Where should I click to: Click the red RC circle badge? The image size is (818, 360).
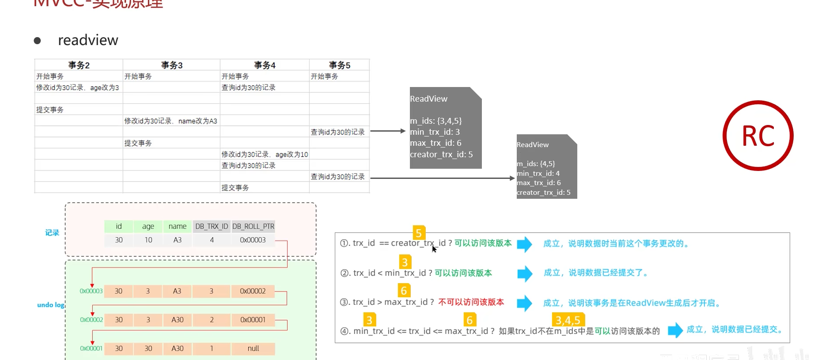(757, 136)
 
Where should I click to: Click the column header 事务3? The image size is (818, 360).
(172, 65)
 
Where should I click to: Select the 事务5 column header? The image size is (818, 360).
(339, 65)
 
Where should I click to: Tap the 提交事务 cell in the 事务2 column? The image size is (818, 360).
(50, 110)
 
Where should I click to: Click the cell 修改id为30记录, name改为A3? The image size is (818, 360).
(170, 121)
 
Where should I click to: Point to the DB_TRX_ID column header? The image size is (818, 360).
(212, 226)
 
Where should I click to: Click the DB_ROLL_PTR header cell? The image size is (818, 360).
(253, 226)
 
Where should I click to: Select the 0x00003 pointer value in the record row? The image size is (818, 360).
(253, 240)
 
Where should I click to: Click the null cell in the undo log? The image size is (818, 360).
(253, 349)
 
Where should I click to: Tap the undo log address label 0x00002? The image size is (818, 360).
(91, 320)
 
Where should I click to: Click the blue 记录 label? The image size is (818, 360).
(52, 233)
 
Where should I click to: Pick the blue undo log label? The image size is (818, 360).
(51, 305)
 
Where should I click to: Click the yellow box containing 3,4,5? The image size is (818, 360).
(568, 320)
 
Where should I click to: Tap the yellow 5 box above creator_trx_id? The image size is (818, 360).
(419, 233)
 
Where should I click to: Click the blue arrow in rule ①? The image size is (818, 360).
(524, 244)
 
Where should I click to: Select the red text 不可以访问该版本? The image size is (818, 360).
(471, 302)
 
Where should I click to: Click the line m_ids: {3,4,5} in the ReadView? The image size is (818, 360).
(436, 121)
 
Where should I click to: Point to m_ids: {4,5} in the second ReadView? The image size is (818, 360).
(536, 164)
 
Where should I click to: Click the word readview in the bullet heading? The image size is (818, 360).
(88, 40)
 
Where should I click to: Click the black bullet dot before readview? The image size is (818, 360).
(38, 41)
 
